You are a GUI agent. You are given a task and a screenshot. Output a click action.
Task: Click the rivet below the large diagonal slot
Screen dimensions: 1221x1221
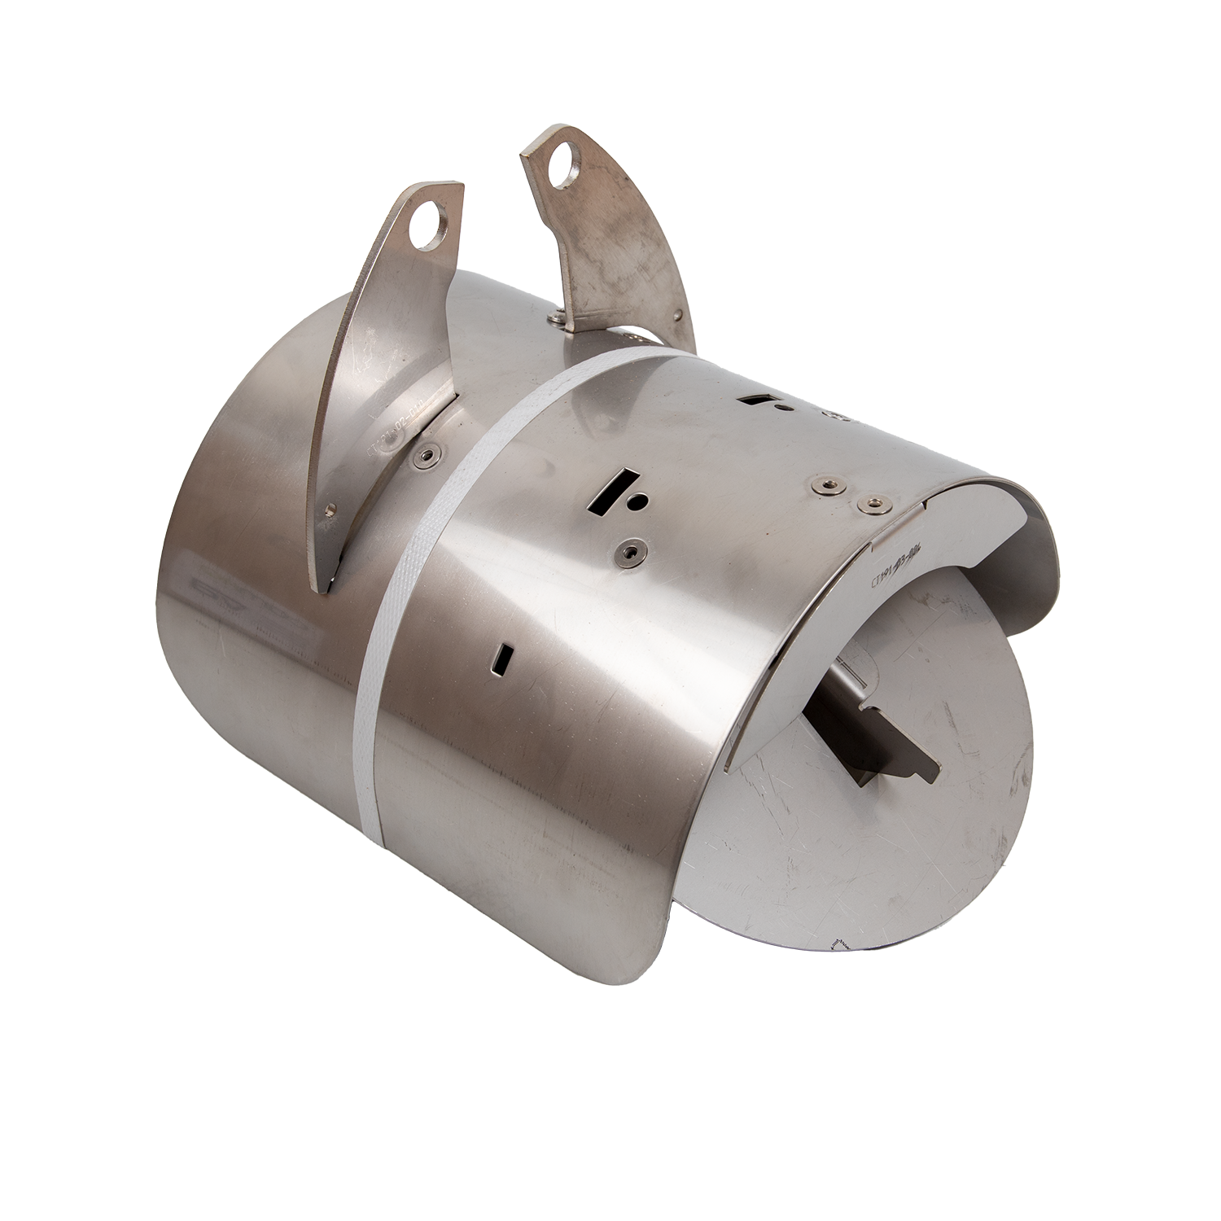coord(628,552)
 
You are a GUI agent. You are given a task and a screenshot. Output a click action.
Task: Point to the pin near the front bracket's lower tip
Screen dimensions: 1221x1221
coord(329,510)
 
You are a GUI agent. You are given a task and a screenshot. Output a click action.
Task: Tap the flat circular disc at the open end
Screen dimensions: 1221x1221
coord(879,830)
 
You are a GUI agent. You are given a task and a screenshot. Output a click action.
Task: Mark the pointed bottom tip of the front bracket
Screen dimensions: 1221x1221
coord(319,590)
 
